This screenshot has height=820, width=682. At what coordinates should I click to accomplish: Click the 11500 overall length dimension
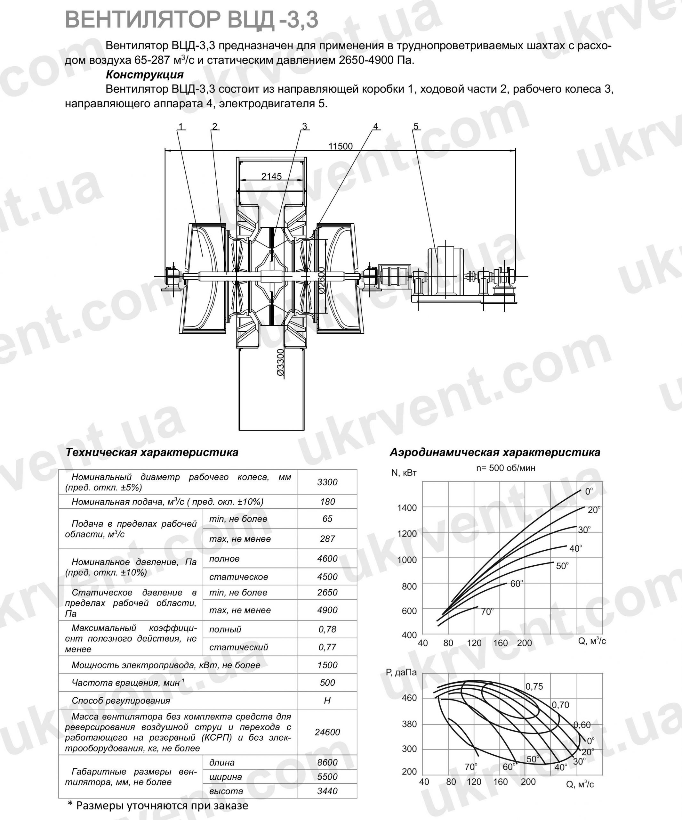click(340, 146)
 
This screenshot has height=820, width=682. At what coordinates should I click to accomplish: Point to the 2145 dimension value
click(271, 176)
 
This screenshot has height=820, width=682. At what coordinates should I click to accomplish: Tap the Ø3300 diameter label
click(281, 363)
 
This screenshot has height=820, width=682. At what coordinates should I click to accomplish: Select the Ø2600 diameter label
click(321, 280)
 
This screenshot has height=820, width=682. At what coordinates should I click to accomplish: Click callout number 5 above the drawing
click(416, 126)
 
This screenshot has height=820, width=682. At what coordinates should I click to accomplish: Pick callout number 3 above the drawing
click(305, 126)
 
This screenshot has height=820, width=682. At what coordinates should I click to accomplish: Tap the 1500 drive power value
click(327, 665)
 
